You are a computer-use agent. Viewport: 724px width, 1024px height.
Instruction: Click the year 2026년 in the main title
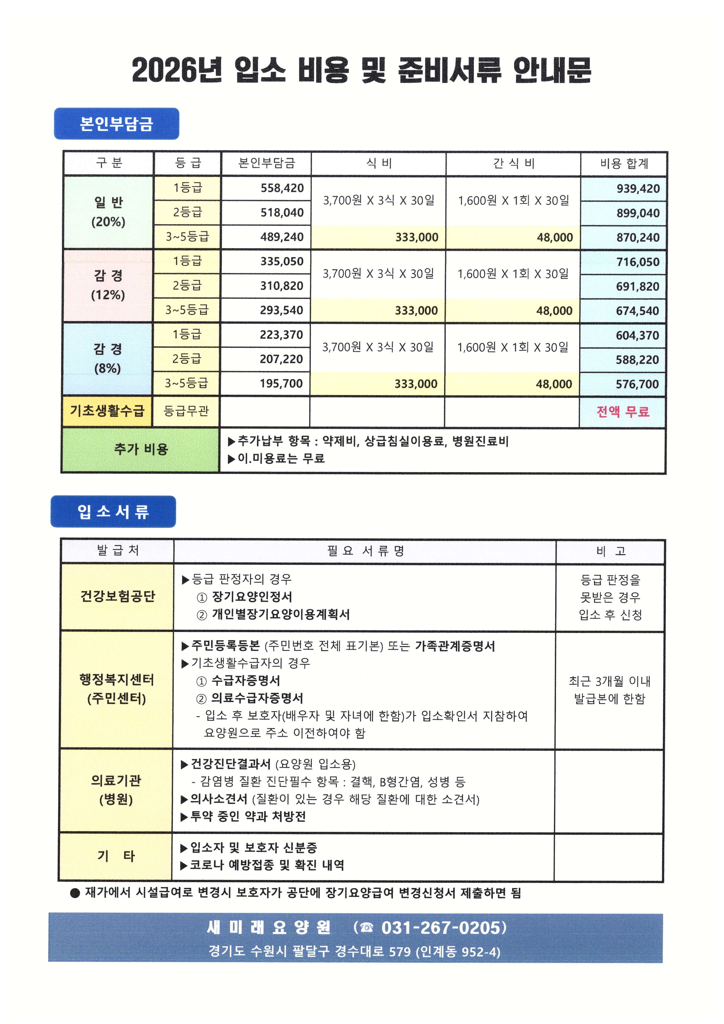pyautogui.click(x=176, y=70)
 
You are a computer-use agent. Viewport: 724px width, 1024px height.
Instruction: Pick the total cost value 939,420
pyautogui.click(x=638, y=189)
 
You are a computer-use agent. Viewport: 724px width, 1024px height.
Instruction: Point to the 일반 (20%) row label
pyautogui.click(x=108, y=212)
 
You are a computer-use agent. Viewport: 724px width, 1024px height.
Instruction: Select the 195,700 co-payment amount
pyautogui.click(x=281, y=384)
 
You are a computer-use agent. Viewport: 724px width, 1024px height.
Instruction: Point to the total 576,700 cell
pyautogui.click(x=637, y=384)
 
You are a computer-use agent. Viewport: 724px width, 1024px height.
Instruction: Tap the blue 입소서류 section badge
pyautogui.click(x=113, y=512)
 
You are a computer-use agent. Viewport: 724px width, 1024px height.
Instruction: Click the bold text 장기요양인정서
pyautogui.click(x=252, y=597)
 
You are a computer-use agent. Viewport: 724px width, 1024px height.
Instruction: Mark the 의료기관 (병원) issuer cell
pyautogui.click(x=116, y=790)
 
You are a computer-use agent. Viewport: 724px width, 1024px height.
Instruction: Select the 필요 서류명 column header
pyautogui.click(x=365, y=551)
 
